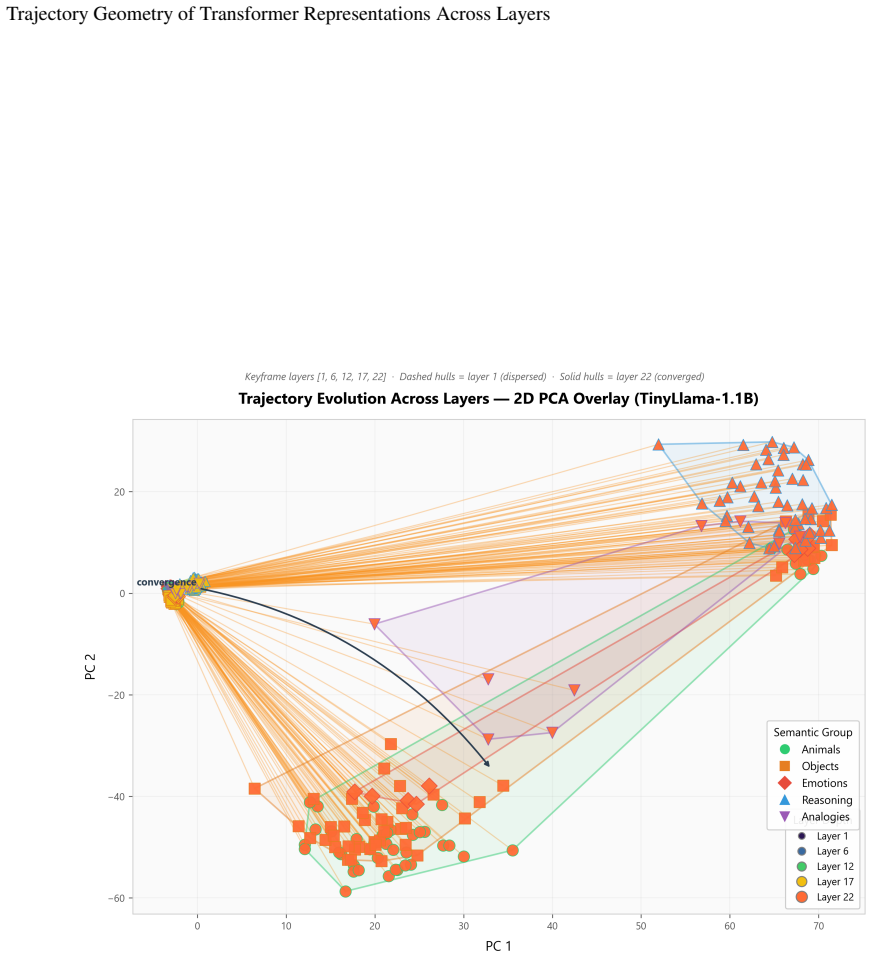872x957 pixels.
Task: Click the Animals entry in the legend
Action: (x=812, y=749)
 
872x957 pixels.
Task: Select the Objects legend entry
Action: (x=810, y=766)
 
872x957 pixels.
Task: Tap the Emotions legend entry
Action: (x=815, y=783)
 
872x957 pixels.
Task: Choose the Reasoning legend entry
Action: (x=816, y=800)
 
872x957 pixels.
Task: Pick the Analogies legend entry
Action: (x=815, y=817)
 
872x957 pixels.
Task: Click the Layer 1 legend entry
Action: (x=823, y=836)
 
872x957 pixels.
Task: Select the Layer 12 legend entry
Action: (x=826, y=867)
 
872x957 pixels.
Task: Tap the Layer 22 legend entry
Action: (x=826, y=897)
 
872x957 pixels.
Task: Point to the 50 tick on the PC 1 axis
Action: (x=641, y=926)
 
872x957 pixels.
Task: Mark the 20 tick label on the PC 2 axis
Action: (x=120, y=492)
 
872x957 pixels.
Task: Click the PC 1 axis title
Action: (x=499, y=946)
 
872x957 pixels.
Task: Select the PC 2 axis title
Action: (x=90, y=667)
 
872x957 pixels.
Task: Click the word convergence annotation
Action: (x=167, y=582)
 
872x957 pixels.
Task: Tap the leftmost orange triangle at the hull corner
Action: (x=658, y=444)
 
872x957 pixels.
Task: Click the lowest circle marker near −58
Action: (x=345, y=892)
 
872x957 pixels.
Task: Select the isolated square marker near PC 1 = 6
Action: (x=254, y=789)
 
